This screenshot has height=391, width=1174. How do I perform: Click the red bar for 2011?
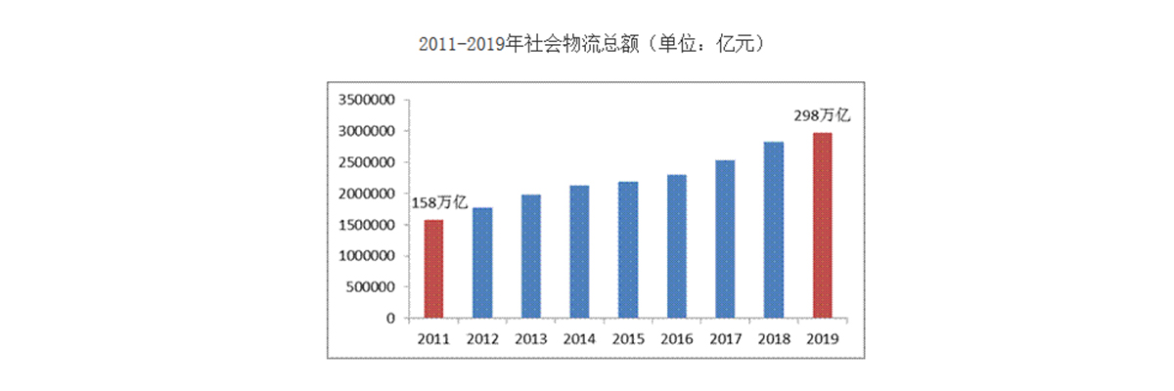(432, 269)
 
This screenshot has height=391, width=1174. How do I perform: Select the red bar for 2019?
(822, 225)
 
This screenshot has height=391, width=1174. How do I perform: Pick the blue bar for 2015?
(627, 249)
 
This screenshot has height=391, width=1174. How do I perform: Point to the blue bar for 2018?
(773, 230)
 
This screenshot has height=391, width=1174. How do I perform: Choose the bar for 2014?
(578, 251)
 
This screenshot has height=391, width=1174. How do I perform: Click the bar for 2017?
(724, 239)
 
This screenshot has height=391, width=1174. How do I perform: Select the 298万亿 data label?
(824, 115)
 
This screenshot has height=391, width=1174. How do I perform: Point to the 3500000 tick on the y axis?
(365, 100)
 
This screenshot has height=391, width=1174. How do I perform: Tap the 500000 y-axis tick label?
(369, 287)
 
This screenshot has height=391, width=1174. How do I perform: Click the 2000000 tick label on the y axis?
(365, 194)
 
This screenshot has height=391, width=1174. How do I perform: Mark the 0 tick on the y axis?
(390, 319)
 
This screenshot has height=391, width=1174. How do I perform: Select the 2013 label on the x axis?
(530, 339)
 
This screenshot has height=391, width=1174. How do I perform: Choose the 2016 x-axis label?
(676, 339)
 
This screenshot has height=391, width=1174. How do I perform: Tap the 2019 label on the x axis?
(822, 339)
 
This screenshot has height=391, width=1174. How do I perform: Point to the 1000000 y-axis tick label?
(365, 256)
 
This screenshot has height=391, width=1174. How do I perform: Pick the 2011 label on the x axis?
(432, 339)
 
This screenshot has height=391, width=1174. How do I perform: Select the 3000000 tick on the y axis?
(365, 131)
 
